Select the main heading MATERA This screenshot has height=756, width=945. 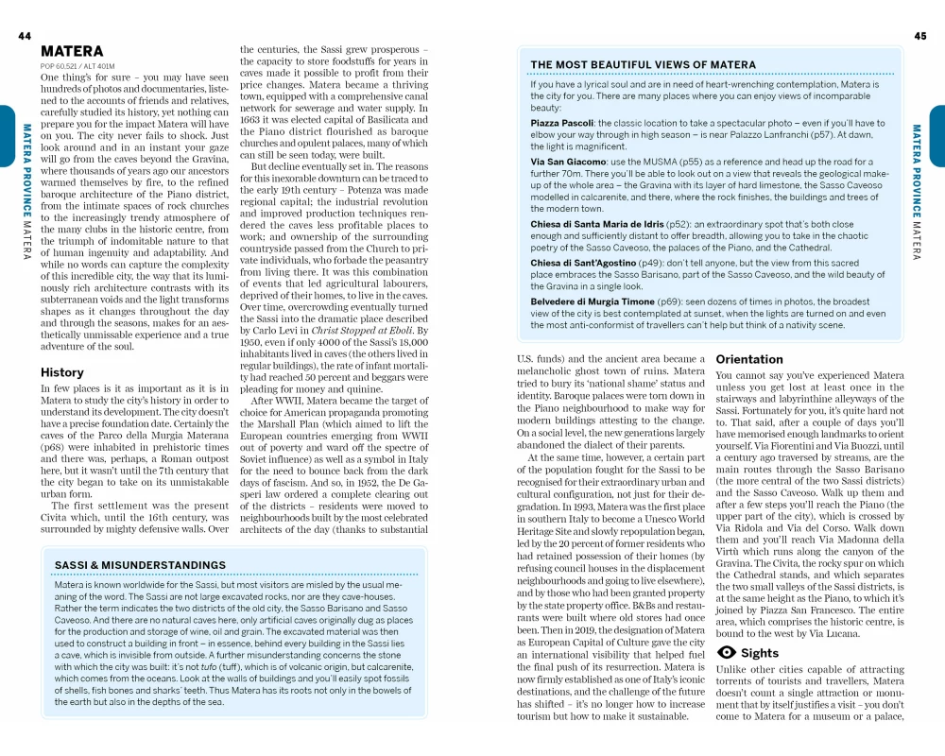click(73, 51)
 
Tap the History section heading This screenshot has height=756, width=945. click(62, 372)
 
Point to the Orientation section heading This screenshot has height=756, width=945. click(749, 359)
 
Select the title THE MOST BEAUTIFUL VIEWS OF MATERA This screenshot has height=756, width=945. click(643, 65)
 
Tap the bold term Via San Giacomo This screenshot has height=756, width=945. click(568, 162)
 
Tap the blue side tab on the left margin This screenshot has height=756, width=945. click(7, 122)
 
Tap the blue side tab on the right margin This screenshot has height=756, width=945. click(937, 122)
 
